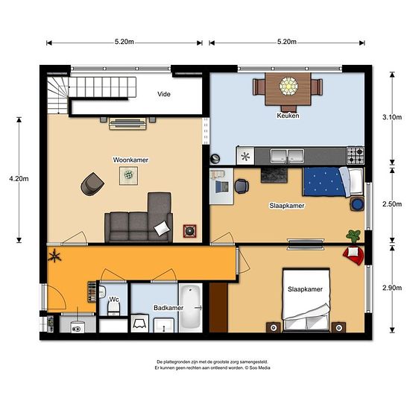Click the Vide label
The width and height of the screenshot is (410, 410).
point(165,95)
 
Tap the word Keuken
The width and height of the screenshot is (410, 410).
point(288,116)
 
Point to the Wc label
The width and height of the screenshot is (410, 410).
point(114,300)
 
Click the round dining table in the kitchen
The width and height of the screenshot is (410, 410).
point(288,86)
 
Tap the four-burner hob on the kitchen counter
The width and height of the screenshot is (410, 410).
point(356,155)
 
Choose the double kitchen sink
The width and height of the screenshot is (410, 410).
point(287,156)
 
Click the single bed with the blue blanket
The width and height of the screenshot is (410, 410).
point(332,181)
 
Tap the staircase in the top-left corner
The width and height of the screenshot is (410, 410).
point(57,93)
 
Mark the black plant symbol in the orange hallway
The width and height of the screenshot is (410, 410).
point(54,259)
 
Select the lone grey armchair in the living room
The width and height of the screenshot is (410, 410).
point(93,183)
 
